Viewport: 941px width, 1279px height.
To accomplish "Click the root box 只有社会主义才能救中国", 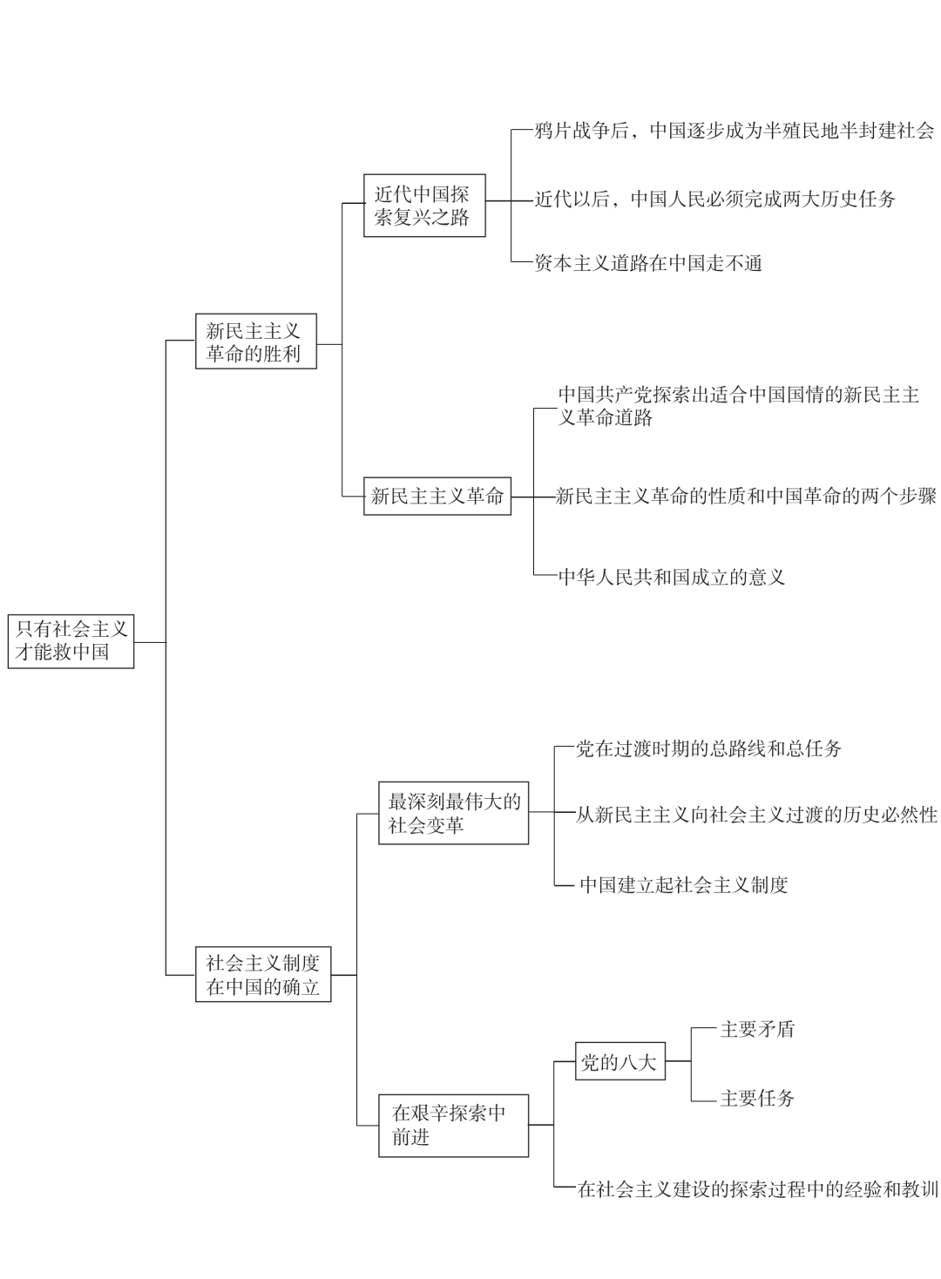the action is click(x=71, y=641).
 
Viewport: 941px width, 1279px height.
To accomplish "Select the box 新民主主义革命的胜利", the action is click(x=256, y=341).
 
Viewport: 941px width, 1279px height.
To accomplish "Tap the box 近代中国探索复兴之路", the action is click(x=424, y=206).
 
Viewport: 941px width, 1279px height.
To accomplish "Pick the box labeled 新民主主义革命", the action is click(x=437, y=497).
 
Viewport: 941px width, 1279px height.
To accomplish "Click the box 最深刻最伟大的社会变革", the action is click(x=453, y=813).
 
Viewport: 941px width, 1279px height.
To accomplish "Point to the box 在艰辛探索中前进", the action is click(x=453, y=1126).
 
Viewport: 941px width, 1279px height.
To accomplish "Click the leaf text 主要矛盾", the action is click(x=757, y=1029).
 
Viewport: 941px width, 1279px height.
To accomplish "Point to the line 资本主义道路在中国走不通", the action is click(x=648, y=263).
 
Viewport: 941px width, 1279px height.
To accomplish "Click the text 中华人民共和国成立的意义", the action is click(x=672, y=577).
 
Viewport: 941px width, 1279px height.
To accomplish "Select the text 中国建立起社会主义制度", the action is click(x=683, y=884).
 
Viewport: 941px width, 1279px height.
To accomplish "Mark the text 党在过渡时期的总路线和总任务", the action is click(x=708, y=748).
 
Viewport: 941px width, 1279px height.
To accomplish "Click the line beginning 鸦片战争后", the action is click(x=735, y=131).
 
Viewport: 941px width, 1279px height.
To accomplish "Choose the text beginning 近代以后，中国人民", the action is click(x=714, y=199).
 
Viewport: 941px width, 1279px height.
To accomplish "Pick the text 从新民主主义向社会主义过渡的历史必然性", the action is click(x=756, y=815).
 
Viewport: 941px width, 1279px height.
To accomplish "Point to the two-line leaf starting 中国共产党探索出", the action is click(x=739, y=406).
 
